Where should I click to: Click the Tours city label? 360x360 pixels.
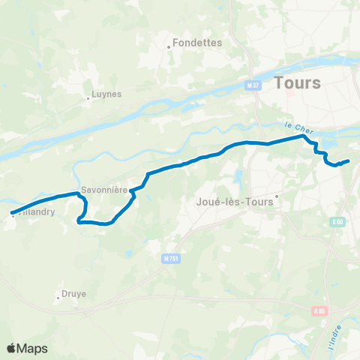[298, 82]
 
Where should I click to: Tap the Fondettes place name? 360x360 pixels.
[197, 43]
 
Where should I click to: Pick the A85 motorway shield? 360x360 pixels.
[319, 310]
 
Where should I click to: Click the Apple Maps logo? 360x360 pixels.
[26, 348]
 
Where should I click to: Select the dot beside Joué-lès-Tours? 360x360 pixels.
[277, 196]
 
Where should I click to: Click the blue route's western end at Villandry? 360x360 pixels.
[13, 213]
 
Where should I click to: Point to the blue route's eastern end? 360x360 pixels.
[349, 160]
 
